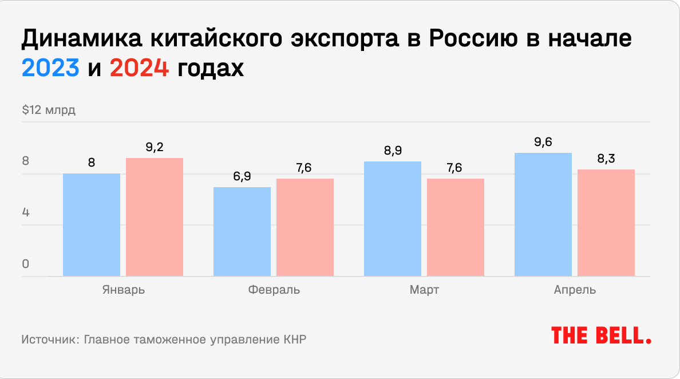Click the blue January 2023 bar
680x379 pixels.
[x=92, y=225]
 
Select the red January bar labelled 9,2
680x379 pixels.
[x=155, y=218]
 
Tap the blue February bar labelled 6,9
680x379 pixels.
[x=242, y=232]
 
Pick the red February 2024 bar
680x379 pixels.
[x=305, y=228]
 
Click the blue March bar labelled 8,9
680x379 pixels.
[x=393, y=219]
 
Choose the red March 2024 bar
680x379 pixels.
[x=456, y=228]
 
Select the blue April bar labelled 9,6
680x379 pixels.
[x=543, y=215]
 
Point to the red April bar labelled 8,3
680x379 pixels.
[x=606, y=223]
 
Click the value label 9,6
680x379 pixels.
[x=543, y=142]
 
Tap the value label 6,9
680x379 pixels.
[x=242, y=176]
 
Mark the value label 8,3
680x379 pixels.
[x=606, y=159]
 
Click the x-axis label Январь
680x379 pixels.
[x=123, y=290]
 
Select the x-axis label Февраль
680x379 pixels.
[x=274, y=290]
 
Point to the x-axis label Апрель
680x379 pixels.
[x=575, y=290]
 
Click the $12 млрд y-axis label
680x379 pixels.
[x=49, y=110]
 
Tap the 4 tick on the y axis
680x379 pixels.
[x=26, y=213]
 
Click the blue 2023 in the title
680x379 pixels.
[x=50, y=69]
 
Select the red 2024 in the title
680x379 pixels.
[x=139, y=69]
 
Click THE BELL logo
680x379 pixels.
[x=601, y=335]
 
